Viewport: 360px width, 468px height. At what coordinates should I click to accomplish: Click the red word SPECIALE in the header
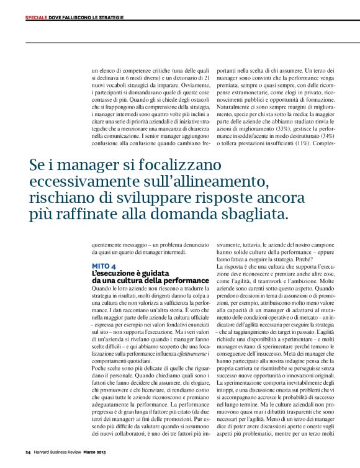(x=37, y=17)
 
